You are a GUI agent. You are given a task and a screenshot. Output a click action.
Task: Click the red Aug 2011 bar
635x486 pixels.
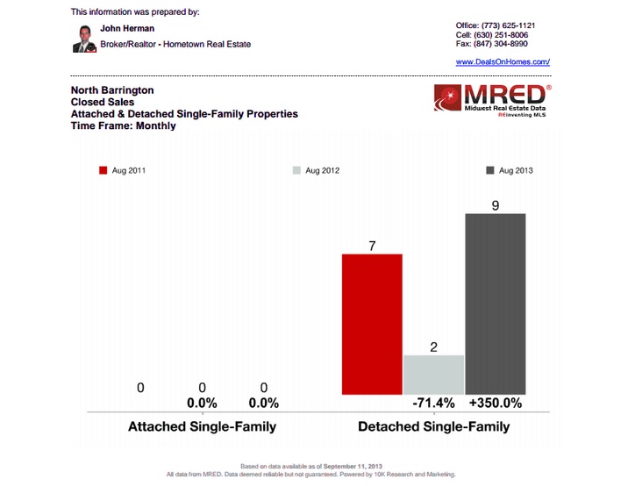coord(372,324)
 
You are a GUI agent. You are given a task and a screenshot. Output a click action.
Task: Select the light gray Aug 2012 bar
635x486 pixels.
coord(433,374)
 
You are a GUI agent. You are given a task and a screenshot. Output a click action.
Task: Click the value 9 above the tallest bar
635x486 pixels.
coord(496,204)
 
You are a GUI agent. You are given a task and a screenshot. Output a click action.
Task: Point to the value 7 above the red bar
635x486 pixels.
coord(372,247)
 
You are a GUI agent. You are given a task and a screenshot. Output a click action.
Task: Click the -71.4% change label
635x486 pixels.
coord(433,404)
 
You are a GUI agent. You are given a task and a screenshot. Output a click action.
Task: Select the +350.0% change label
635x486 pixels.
coord(496,404)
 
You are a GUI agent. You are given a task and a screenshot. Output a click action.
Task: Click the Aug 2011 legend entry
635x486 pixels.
coord(123,170)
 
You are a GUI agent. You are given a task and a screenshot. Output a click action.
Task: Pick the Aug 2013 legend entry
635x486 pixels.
coord(509,170)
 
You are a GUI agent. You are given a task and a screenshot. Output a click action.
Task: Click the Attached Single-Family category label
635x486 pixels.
coord(202,427)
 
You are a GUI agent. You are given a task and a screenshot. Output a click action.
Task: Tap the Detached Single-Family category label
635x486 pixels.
coord(433,427)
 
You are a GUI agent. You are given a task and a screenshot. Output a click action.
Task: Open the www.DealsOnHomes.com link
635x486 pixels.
coord(503,62)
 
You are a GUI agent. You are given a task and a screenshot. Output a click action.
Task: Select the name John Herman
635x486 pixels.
coord(127,28)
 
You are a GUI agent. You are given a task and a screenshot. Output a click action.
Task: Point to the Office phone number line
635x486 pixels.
coord(496,25)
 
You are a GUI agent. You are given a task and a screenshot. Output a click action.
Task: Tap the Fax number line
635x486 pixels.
coord(492,43)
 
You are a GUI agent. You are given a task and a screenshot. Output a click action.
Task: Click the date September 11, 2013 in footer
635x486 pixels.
coord(353,466)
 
